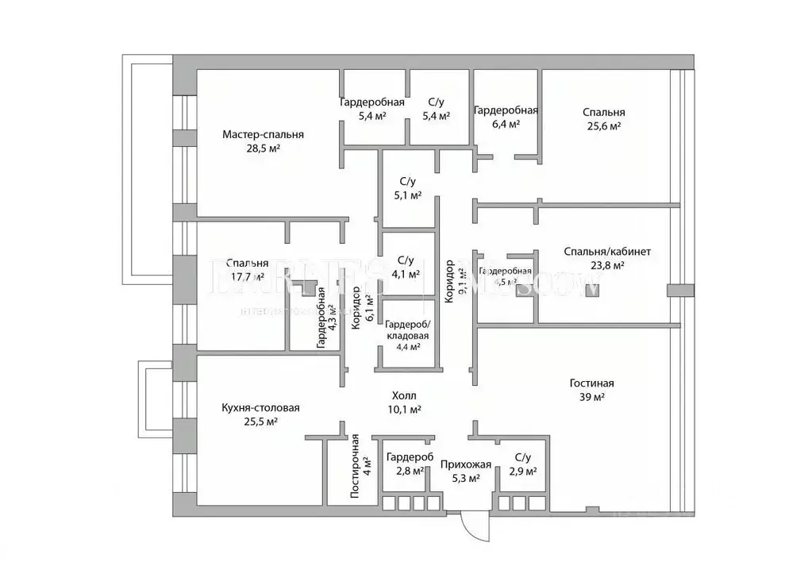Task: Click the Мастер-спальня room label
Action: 263,135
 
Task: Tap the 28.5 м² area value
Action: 263,148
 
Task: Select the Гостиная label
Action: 591,383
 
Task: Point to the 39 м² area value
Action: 591,397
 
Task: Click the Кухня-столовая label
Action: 260,408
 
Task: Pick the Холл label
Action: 403,395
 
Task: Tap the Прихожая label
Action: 466,464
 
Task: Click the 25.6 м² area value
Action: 602,126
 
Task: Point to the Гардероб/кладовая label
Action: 407,330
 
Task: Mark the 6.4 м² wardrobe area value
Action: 506,124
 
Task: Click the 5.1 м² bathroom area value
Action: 408,195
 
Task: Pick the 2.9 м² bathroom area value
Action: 522,472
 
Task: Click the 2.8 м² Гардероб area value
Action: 409,472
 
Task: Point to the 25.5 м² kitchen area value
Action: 260,422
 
